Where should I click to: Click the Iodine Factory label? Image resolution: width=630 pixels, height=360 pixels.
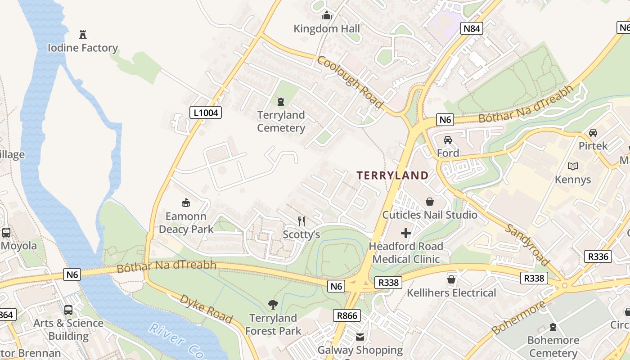click(x=83, y=48)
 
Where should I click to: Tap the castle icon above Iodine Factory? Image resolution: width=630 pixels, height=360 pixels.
click(x=83, y=35)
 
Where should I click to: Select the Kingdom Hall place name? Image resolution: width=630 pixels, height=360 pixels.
click(x=327, y=29)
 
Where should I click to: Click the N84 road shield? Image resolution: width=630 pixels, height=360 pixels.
click(x=472, y=29)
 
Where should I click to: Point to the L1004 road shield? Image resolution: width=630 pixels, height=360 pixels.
click(x=206, y=112)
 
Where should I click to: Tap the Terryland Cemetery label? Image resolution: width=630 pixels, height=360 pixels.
click(x=281, y=121)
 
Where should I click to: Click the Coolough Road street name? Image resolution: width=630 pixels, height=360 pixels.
click(x=351, y=82)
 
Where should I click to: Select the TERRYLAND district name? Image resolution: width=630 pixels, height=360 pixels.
click(x=393, y=175)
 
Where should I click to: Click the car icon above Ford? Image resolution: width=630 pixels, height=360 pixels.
click(x=448, y=140)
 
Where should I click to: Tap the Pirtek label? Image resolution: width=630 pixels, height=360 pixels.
click(x=593, y=146)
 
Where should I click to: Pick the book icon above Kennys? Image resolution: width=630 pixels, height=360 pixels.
click(x=572, y=166)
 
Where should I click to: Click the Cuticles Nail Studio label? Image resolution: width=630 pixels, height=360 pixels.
click(x=430, y=215)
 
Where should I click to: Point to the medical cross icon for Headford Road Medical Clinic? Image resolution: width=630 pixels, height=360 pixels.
click(x=406, y=233)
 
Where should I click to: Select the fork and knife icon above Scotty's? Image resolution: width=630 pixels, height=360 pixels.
click(x=301, y=221)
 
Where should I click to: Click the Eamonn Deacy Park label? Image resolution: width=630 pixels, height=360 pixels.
click(x=186, y=223)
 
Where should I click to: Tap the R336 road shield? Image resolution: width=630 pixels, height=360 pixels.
click(x=598, y=256)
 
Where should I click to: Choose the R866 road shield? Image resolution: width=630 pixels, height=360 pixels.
click(x=347, y=315)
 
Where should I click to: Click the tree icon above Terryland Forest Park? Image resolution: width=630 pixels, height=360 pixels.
click(x=273, y=305)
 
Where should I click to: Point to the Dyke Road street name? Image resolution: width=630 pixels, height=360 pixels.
click(x=206, y=309)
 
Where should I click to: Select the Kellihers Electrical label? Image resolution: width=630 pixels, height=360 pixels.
click(x=451, y=293)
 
